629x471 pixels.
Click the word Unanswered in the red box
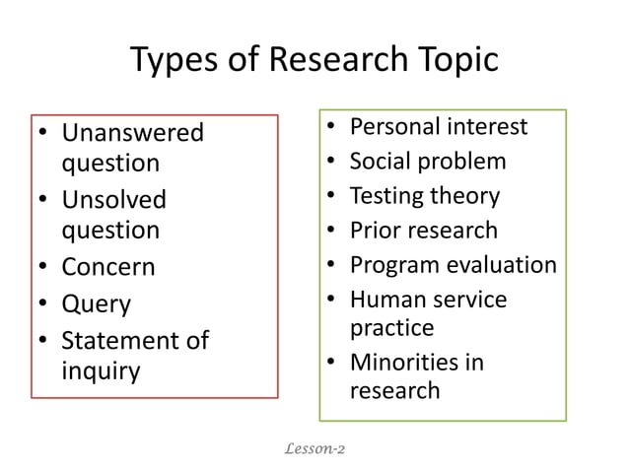click(x=133, y=132)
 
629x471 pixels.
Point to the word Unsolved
click(x=114, y=200)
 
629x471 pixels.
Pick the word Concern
click(x=108, y=267)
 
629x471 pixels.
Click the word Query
click(x=96, y=304)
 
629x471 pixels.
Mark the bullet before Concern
click(x=43, y=267)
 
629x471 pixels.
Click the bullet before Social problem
click(x=332, y=161)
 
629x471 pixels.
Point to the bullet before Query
click(x=43, y=304)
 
